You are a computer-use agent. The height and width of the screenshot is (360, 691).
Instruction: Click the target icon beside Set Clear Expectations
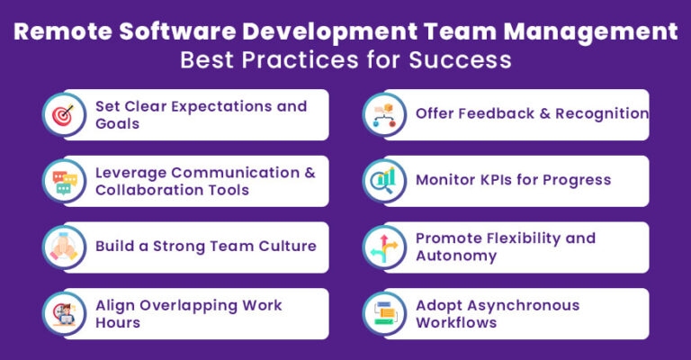coord(62,114)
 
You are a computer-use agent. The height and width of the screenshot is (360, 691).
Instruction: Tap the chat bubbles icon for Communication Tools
coord(62,181)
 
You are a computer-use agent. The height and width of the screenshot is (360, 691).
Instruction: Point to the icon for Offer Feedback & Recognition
coord(382,114)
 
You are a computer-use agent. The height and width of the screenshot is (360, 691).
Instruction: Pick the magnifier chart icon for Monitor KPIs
coord(382,181)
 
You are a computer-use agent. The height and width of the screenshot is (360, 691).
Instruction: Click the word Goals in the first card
coord(118,123)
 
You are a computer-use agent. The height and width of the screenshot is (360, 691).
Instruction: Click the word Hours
coord(118,322)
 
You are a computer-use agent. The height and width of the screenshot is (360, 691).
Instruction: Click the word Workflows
coord(456,322)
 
